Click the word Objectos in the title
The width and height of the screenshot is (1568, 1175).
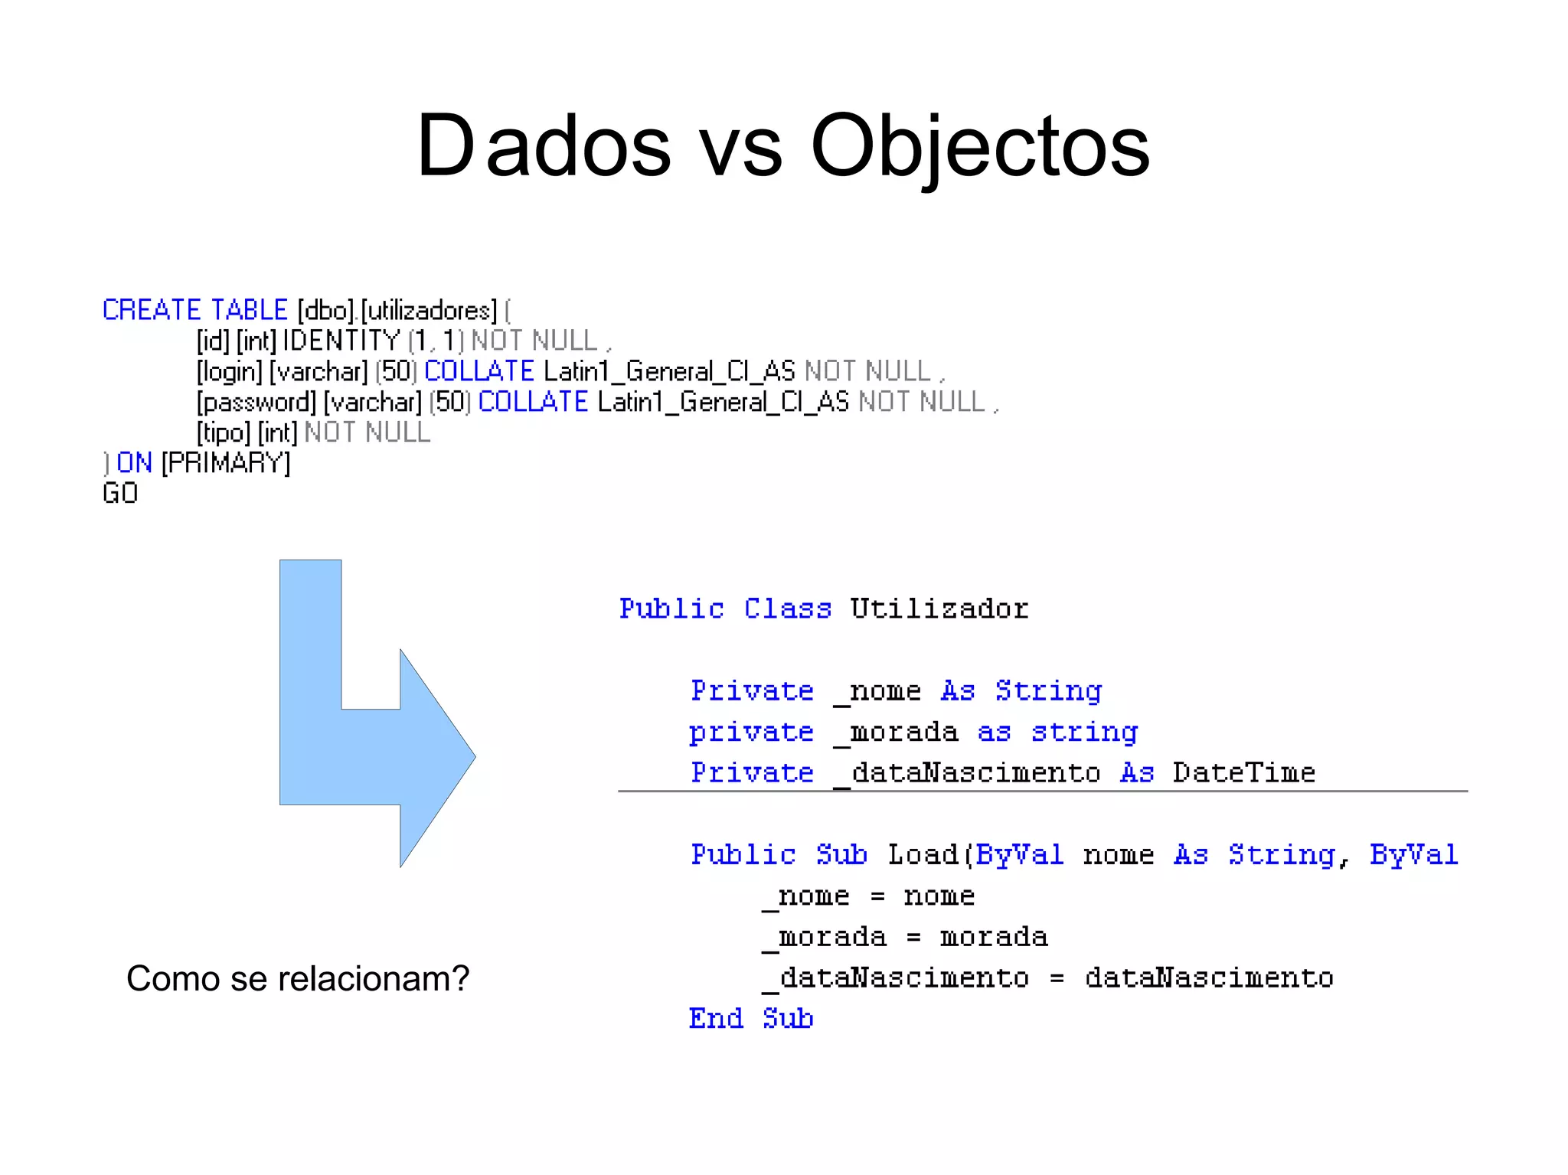pyautogui.click(x=980, y=145)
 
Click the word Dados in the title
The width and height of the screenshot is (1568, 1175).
pyautogui.click(x=544, y=145)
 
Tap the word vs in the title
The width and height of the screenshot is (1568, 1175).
pyautogui.click(x=740, y=149)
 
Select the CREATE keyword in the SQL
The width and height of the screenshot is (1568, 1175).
pyautogui.click(x=152, y=310)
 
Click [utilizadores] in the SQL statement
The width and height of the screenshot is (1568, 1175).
pyautogui.click(x=429, y=311)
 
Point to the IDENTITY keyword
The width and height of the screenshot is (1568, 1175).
pyautogui.click(x=341, y=341)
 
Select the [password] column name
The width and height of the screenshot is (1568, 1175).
pyautogui.click(x=256, y=403)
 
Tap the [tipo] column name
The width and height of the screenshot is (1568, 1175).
pyautogui.click(x=223, y=433)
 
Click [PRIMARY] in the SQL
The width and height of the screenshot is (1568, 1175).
pyautogui.click(x=226, y=463)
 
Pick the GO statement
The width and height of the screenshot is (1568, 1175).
pyautogui.click(x=120, y=494)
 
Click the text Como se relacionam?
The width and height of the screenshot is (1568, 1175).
pyautogui.click(x=297, y=979)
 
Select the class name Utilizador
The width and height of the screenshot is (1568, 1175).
pyautogui.click(x=939, y=609)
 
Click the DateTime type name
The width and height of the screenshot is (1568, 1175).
pyautogui.click(x=1243, y=772)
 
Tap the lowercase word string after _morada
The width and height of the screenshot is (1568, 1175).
pyautogui.click(x=1084, y=732)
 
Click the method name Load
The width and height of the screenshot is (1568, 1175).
pyautogui.click(x=923, y=854)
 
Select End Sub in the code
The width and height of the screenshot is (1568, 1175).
pyautogui.click(x=750, y=1018)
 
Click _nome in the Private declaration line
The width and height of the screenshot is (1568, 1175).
pyautogui.click(x=877, y=691)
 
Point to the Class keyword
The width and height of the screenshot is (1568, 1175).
pyautogui.click(x=787, y=609)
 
